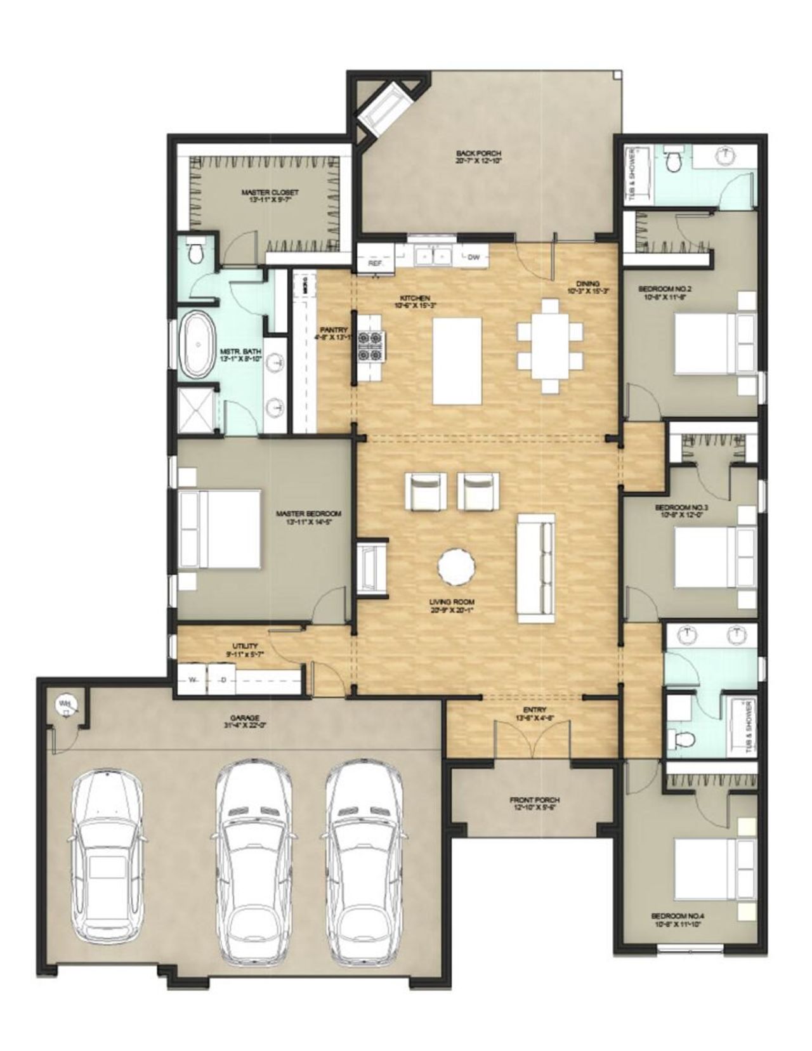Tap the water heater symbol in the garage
point(65,704)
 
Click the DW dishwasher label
point(473,257)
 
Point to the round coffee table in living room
point(456,566)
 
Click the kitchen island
point(457,360)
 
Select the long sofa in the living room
point(537,568)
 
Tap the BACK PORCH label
point(479,153)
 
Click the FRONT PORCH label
point(534,800)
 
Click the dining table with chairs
point(550,346)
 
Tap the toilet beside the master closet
point(197,253)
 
